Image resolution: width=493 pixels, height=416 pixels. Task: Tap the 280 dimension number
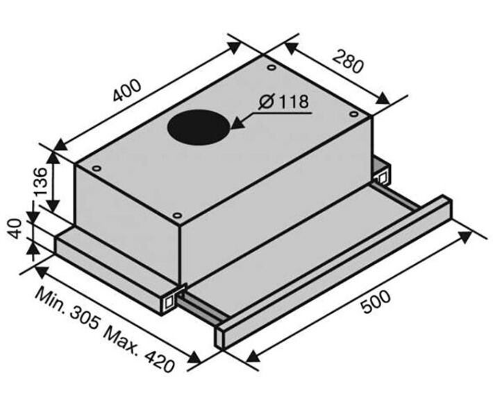[x=348, y=62]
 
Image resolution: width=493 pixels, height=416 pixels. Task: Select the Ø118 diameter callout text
[x=284, y=101]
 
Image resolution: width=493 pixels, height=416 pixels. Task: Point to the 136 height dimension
[x=40, y=182]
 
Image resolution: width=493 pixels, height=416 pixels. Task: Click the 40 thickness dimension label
[x=15, y=229]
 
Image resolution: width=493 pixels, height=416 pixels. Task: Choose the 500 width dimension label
[x=376, y=302]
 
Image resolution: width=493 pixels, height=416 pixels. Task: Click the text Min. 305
[x=67, y=309]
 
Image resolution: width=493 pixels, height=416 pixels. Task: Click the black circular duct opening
[x=199, y=126]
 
